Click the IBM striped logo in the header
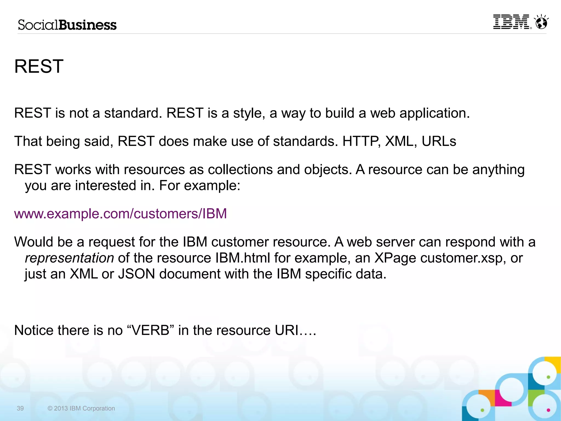511,22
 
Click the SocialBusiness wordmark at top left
67,25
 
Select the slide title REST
39,66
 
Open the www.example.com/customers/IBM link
121,214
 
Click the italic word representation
69,258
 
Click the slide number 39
20,408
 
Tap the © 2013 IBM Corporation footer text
81,408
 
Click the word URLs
439,141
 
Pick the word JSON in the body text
136,274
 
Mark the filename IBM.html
243,258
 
